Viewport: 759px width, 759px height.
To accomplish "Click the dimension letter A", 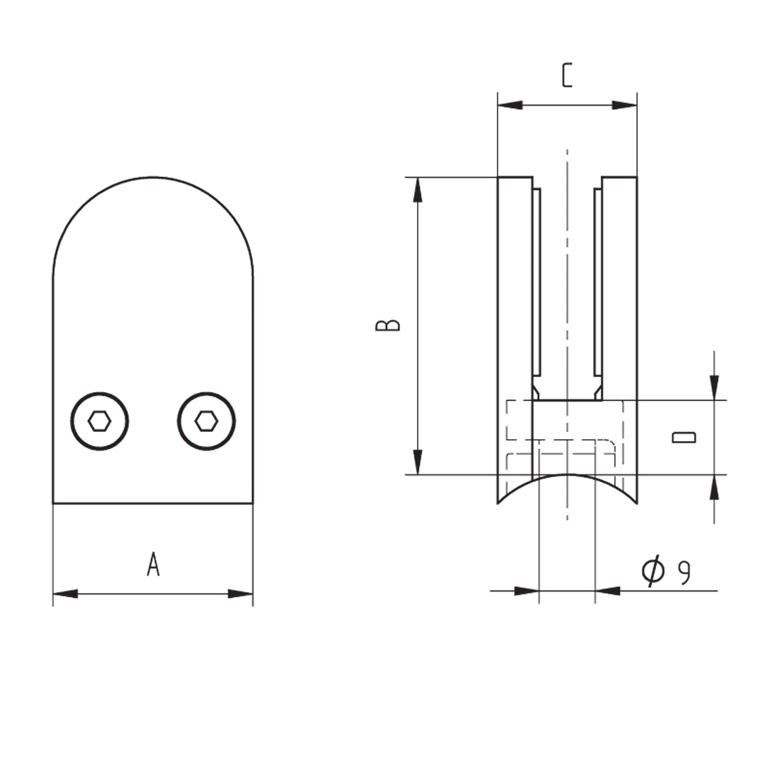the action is pos(153,565).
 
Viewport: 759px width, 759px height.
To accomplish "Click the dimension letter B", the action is pos(388,325).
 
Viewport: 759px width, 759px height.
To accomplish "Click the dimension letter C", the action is pos(567,75).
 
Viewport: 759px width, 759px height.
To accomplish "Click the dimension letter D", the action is pos(684,438).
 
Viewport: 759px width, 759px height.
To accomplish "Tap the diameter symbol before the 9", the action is pos(653,571).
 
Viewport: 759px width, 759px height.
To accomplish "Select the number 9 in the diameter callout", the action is pos(684,573).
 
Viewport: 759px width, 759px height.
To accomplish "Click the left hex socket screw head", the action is pos(100,421).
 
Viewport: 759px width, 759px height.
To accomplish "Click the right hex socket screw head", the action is pos(206,421).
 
